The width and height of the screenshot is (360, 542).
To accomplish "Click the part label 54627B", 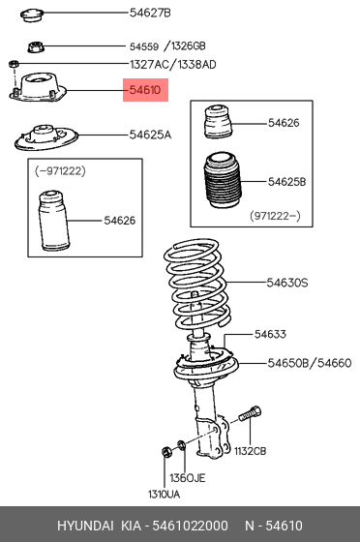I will (150, 13).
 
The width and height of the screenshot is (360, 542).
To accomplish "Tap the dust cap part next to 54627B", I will (37, 15).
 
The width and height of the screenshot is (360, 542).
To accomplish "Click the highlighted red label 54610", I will (145, 91).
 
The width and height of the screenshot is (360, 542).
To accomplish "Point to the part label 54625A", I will (150, 135).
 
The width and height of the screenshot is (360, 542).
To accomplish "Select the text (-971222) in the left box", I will (59, 170).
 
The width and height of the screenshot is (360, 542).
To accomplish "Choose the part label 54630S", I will (287, 283).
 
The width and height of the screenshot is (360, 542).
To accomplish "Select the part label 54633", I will (270, 334).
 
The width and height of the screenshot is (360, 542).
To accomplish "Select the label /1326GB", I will (185, 45).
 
